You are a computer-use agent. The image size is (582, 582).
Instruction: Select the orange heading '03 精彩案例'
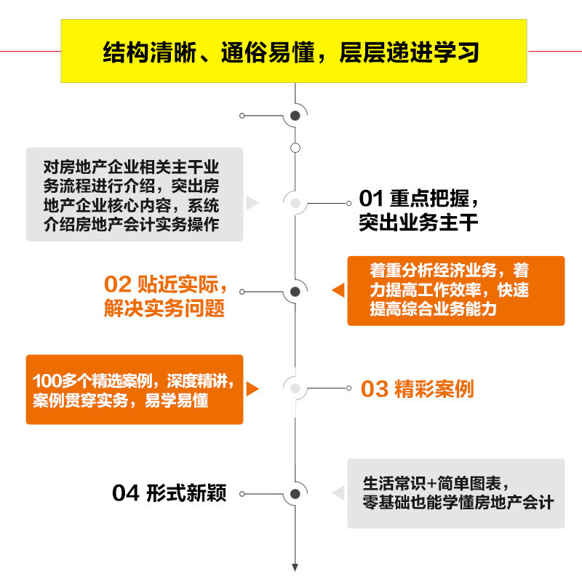[417, 389]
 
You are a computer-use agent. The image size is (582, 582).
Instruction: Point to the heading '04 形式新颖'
[169, 493]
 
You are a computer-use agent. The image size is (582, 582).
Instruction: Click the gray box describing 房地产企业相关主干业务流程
[135, 194]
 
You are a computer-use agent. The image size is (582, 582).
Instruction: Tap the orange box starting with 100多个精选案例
[135, 389]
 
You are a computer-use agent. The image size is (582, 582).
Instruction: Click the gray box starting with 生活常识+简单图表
[455, 493]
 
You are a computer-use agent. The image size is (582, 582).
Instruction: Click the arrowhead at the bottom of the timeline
[295, 567]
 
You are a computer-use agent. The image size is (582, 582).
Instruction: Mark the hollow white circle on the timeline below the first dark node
[295, 148]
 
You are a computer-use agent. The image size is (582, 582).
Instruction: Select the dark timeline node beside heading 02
[295, 292]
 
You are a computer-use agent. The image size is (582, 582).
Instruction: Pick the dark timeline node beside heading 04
[295, 494]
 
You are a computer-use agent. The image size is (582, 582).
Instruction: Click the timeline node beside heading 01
[295, 203]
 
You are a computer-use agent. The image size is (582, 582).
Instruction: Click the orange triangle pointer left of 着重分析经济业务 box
[338, 291]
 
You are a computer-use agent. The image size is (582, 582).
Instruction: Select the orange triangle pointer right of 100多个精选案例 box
[252, 389]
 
